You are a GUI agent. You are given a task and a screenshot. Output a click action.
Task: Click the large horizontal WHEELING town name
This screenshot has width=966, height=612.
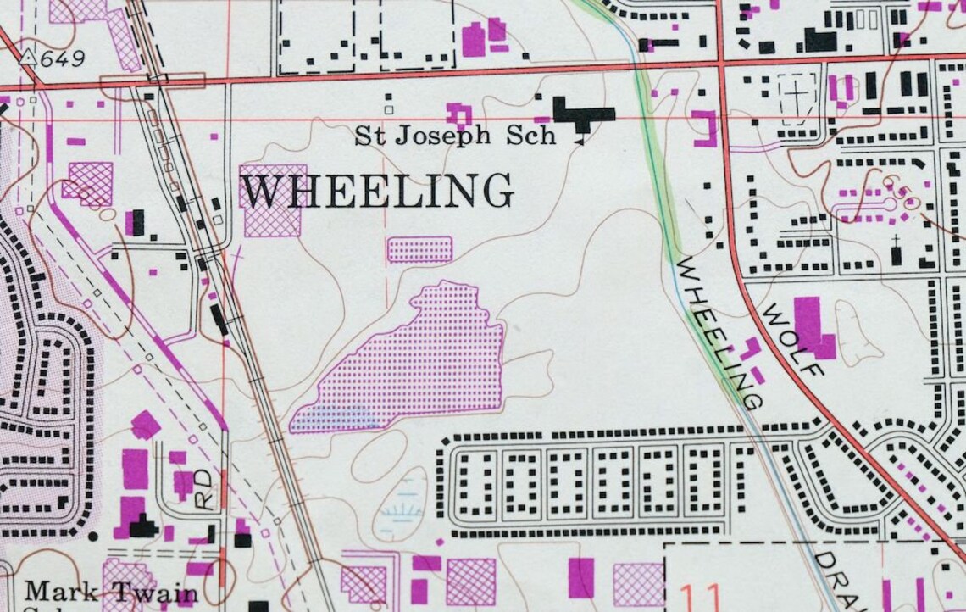[377, 191]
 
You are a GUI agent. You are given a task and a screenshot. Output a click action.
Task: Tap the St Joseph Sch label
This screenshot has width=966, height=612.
[455, 136]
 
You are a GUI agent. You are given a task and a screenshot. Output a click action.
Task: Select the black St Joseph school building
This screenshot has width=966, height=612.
[582, 114]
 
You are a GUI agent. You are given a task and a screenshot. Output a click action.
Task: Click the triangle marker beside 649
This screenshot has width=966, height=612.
[29, 57]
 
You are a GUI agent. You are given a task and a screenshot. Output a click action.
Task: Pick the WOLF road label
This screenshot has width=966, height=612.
[792, 339]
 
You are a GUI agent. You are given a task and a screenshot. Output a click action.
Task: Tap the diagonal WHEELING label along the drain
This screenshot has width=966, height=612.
[721, 331]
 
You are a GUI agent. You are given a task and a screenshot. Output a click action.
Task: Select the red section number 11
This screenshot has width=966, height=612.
[699, 595]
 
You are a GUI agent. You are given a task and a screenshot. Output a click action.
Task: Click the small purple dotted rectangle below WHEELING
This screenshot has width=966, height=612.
[419, 249]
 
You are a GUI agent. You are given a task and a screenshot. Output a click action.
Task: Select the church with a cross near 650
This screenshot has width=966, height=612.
[896, 252]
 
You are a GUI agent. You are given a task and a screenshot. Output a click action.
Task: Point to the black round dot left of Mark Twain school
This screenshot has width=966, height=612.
[93, 536]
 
